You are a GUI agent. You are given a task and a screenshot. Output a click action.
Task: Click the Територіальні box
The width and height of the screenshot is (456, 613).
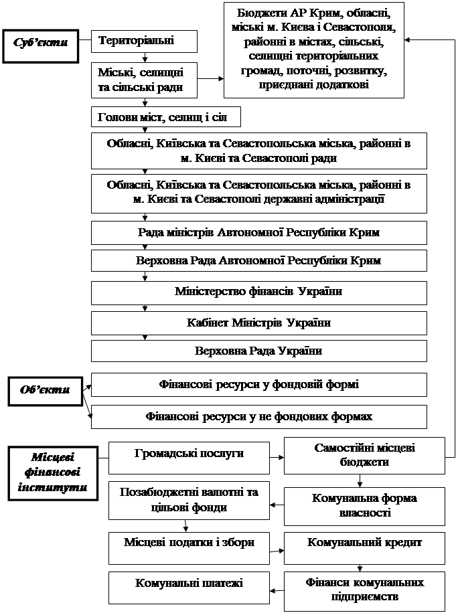[x=144, y=41]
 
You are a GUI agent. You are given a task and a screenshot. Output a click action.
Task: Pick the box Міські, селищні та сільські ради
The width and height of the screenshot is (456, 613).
[x=144, y=80]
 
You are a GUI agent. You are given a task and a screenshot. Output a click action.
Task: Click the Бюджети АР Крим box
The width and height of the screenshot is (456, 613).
[x=314, y=50]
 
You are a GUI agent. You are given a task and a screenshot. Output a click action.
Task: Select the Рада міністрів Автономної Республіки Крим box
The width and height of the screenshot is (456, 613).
[x=258, y=233]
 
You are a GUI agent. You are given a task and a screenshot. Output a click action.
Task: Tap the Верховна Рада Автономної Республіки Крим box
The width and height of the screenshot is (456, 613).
[x=258, y=261]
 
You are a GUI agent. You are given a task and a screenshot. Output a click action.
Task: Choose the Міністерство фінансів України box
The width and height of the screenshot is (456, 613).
[x=258, y=292]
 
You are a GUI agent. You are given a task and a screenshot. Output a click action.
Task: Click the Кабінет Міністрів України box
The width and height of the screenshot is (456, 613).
[x=258, y=323]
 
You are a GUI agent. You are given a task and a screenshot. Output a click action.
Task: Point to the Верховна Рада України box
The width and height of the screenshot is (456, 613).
[x=258, y=351]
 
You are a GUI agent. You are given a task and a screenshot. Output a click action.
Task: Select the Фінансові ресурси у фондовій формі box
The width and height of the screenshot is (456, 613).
[x=258, y=385]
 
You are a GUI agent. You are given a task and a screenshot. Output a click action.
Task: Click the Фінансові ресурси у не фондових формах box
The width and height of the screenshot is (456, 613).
[x=258, y=416]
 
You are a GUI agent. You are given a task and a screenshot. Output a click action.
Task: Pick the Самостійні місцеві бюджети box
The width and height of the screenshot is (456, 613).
[x=364, y=454]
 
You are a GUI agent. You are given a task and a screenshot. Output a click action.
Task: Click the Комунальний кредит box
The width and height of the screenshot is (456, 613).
[x=364, y=543]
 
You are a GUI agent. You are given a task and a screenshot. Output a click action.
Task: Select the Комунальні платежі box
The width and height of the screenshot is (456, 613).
[x=189, y=583]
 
